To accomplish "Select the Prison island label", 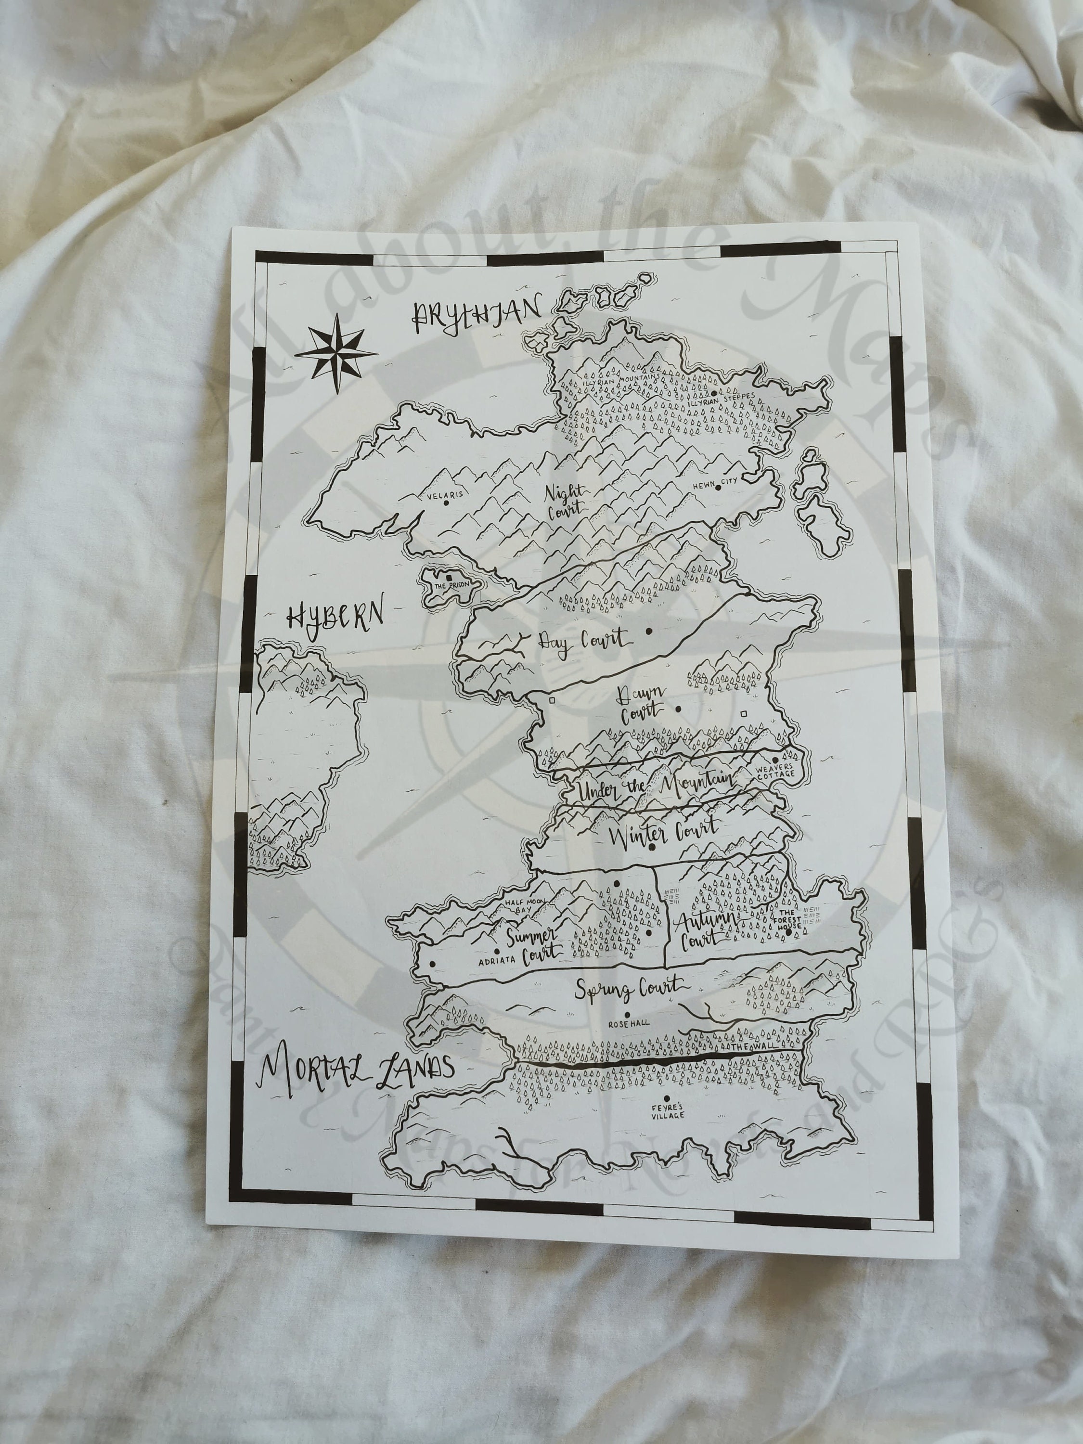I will pyautogui.click(x=451, y=586).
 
